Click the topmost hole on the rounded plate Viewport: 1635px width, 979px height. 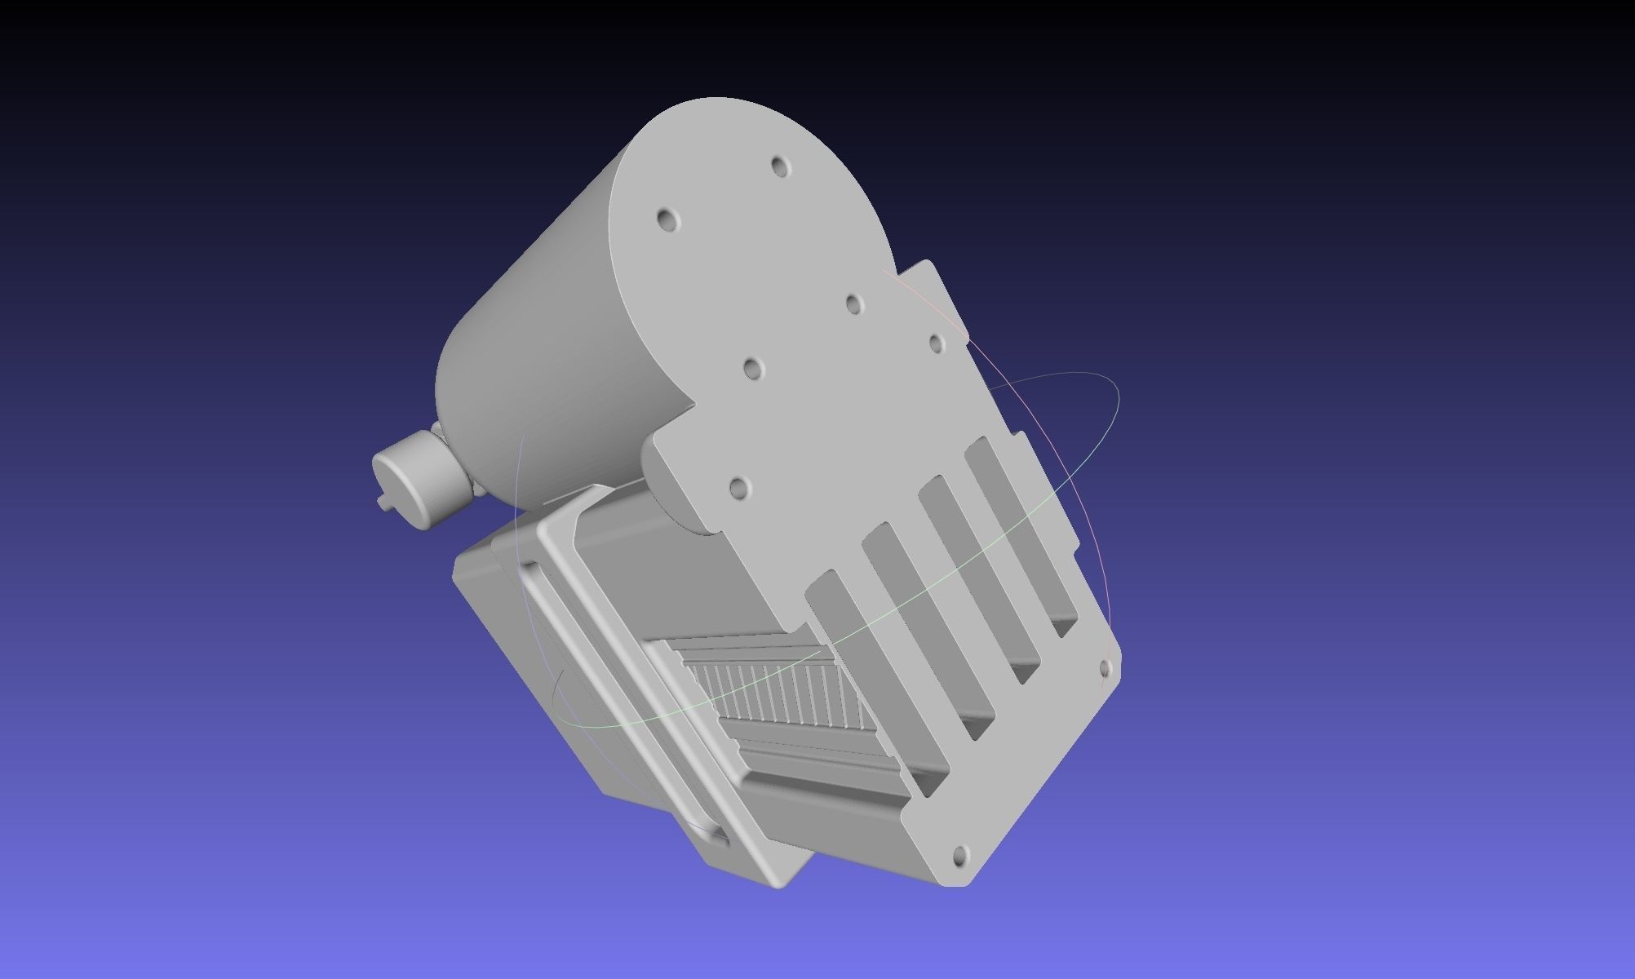click(780, 167)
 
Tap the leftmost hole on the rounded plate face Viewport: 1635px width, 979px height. click(667, 219)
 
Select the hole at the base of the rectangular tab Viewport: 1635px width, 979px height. click(937, 342)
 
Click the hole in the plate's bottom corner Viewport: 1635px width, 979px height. click(959, 857)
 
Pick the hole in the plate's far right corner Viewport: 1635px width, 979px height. click(1106, 669)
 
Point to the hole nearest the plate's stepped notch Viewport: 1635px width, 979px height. click(738, 489)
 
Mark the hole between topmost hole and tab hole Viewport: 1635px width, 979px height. click(853, 304)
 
